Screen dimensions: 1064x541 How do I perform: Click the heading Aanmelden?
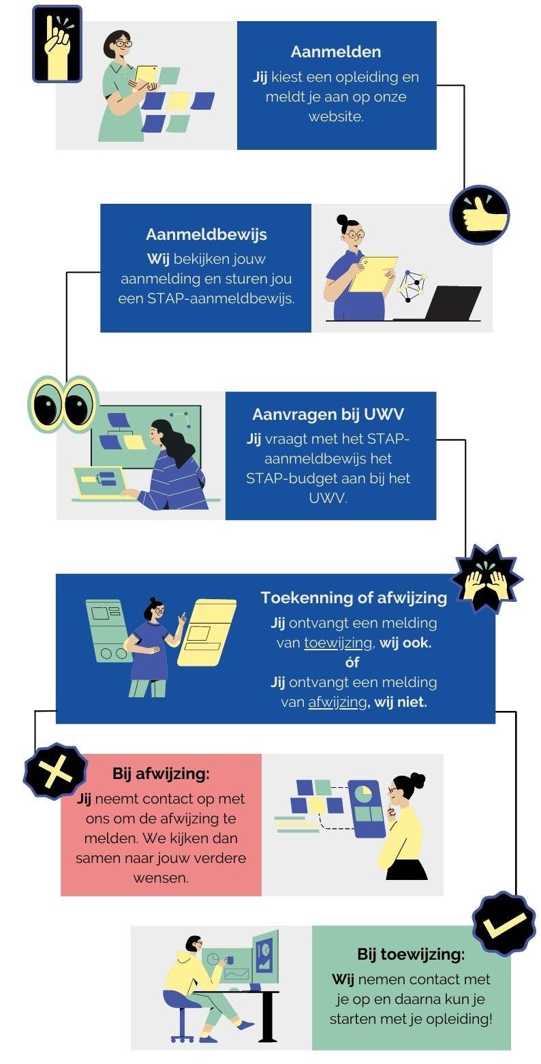click(x=336, y=52)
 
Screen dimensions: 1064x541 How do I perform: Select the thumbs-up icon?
click(x=480, y=215)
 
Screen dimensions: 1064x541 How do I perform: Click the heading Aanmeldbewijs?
click(x=206, y=234)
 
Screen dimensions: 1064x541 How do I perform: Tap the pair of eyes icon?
click(x=63, y=404)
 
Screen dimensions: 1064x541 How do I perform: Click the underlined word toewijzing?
click(x=333, y=642)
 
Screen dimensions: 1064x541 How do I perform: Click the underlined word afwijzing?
click(x=337, y=701)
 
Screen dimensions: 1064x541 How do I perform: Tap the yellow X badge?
click(x=55, y=772)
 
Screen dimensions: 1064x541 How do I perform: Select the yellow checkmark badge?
click(x=504, y=924)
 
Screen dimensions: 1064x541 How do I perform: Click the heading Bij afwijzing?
click(x=161, y=774)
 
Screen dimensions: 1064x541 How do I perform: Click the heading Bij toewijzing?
click(x=411, y=954)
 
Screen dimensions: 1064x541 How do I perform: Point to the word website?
click(x=336, y=117)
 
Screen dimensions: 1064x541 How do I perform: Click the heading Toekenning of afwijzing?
click(x=354, y=598)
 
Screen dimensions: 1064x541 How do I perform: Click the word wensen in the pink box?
click(x=161, y=878)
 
